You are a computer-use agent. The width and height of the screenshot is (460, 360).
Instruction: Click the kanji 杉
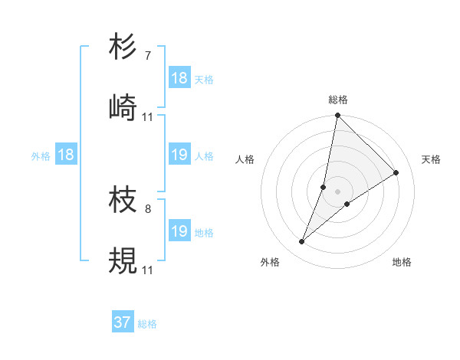pyautogui.click(x=123, y=47)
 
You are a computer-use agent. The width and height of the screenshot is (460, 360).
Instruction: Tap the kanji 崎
pyautogui.click(x=123, y=108)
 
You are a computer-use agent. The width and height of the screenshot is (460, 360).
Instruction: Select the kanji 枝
pyautogui.click(x=123, y=201)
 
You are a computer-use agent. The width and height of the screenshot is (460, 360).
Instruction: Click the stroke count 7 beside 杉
pyautogui.click(x=147, y=56)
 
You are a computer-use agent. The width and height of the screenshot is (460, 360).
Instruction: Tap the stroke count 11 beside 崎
pyautogui.click(x=148, y=116)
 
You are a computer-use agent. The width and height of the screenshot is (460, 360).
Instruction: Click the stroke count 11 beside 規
pyautogui.click(x=148, y=270)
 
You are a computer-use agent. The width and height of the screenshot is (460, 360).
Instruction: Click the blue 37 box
pyautogui.click(x=123, y=323)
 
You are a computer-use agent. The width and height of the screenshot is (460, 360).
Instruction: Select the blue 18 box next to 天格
pyautogui.click(x=179, y=78)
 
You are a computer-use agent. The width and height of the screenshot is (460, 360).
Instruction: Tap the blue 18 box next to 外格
pyautogui.click(x=66, y=155)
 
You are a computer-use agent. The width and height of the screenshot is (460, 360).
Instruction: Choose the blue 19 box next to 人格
pyautogui.click(x=179, y=155)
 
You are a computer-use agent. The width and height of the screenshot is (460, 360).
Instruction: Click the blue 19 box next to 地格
pyautogui.click(x=179, y=231)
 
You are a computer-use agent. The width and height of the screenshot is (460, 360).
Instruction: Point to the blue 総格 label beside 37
pyautogui.click(x=147, y=324)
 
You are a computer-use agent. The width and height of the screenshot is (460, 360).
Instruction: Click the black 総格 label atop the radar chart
pyautogui.click(x=337, y=100)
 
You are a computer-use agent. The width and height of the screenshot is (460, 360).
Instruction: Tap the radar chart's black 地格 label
pyautogui.click(x=402, y=262)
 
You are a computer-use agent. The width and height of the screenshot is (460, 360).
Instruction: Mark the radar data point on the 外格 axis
pyautogui.click(x=302, y=242)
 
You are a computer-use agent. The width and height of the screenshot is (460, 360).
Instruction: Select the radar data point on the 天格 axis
pyautogui.click(x=396, y=173)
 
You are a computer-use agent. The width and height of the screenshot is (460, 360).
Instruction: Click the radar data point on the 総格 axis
pyautogui.click(x=337, y=116)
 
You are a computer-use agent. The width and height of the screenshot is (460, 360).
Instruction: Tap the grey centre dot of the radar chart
pyautogui.click(x=337, y=191)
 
